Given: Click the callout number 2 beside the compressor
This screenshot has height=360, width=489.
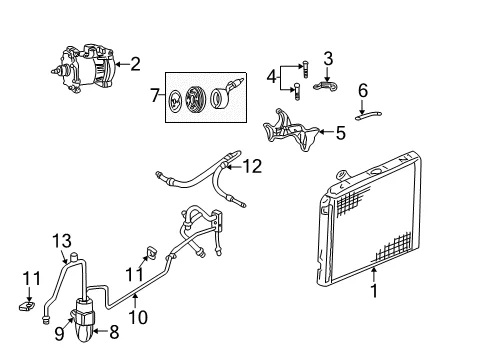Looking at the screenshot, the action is pos(135,64).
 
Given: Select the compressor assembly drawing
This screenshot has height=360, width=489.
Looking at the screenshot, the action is pos(83,68).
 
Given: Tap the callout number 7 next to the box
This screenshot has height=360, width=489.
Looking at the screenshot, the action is pos(155,95).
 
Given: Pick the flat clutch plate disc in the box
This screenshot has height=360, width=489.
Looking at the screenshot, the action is pos(175,100).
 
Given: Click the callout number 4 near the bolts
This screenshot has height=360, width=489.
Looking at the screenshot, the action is pos(272,77).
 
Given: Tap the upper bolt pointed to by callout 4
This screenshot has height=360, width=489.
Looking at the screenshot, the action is pos(305,69).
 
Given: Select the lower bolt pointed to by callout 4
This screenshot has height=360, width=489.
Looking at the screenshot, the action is pos(297,92).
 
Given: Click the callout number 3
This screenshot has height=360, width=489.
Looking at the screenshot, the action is pos(328,58).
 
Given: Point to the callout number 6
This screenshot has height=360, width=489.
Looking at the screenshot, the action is pos(363,90).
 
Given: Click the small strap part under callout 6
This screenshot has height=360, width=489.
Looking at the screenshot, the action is pos(368,116).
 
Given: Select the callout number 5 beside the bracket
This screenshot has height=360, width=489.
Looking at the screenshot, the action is pos(340,133).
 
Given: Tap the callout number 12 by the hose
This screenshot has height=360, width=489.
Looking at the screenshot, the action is pos(252,166).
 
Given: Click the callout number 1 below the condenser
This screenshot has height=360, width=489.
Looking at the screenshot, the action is pos(375,291).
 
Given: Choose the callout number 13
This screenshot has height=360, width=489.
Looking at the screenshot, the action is pos(62,241).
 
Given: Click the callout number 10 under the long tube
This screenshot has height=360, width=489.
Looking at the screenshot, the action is pos(138,317).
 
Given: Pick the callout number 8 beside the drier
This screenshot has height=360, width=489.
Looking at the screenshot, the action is pos(114,332).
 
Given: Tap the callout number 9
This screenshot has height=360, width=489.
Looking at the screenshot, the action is pos(59,334).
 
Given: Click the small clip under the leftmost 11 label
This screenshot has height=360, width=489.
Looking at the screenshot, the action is pos(27,306).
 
